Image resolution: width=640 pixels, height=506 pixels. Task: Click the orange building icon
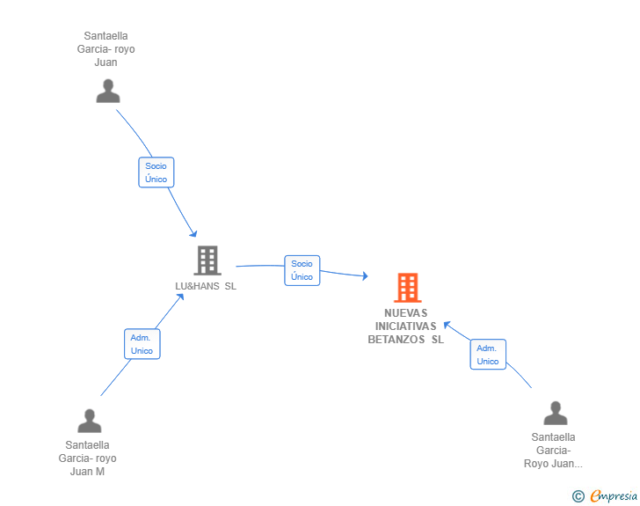pyautogui.click(x=407, y=288)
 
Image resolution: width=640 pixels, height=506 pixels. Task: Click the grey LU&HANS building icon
pyautogui.click(x=207, y=260)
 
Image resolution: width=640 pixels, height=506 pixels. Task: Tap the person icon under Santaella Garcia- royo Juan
pyautogui.click(x=108, y=91)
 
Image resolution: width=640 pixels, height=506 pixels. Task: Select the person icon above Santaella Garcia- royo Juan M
pyautogui.click(x=90, y=421)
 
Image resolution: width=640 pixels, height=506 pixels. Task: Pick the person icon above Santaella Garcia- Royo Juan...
pyautogui.click(x=556, y=413)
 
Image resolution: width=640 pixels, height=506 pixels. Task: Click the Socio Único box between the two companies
pyautogui.click(x=302, y=270)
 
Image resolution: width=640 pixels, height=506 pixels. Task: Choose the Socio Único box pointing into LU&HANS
pyautogui.click(x=156, y=172)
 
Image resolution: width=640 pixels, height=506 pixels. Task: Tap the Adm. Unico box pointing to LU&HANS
pyautogui.click(x=142, y=344)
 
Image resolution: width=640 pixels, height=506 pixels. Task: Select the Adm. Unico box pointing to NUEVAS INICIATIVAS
pyautogui.click(x=488, y=355)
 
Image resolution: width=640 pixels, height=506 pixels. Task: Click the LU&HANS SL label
pyautogui.click(x=206, y=286)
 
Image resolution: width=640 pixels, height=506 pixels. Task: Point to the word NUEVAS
pyautogui.click(x=406, y=313)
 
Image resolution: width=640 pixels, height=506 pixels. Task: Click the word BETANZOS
pyautogui.click(x=396, y=340)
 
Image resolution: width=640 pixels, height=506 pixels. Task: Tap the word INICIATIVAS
pyautogui.click(x=406, y=326)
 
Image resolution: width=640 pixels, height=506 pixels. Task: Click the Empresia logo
pyautogui.click(x=614, y=495)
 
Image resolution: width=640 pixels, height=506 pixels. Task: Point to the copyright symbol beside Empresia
pyautogui.click(x=578, y=496)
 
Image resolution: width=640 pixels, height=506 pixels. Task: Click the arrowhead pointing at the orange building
pyautogui.click(x=365, y=276)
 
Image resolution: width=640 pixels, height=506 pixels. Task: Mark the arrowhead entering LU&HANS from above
pyautogui.click(x=193, y=233)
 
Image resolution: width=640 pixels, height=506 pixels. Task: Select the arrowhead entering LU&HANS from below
pyautogui.click(x=180, y=297)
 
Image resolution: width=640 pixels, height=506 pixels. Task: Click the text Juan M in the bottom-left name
pyautogui.click(x=87, y=472)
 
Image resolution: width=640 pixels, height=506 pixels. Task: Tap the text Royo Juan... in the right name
pyautogui.click(x=553, y=464)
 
